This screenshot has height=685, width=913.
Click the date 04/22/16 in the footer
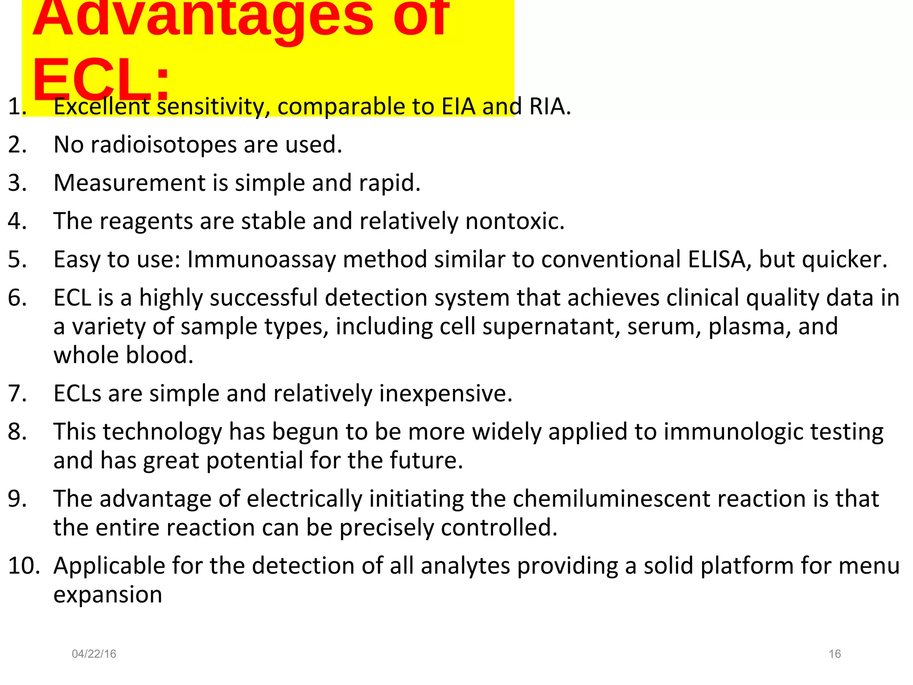94,654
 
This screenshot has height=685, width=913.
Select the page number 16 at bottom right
835,654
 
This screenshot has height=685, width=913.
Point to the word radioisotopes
164,145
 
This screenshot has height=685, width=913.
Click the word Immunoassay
261,260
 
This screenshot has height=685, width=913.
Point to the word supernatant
551,326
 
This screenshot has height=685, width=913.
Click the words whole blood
123,355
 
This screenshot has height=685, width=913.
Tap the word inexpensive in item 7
445,394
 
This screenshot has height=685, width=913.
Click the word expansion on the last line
108,595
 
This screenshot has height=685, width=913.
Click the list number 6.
17,298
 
